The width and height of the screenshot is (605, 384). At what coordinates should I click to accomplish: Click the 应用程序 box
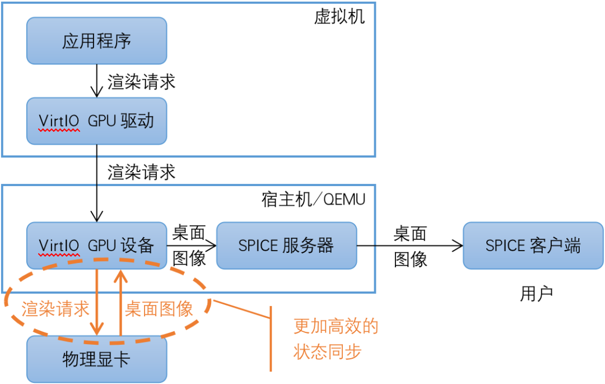96,41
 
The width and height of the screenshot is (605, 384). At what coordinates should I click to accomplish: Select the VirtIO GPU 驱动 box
96,121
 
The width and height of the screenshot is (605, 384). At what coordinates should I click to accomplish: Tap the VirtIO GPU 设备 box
96,246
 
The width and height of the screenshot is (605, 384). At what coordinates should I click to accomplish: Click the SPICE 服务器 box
286,245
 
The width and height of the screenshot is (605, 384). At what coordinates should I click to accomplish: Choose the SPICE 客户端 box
533,245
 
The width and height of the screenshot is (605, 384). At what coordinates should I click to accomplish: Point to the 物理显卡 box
96,359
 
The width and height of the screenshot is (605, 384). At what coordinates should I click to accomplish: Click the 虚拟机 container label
339,16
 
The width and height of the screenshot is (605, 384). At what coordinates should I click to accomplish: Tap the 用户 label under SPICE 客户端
536,294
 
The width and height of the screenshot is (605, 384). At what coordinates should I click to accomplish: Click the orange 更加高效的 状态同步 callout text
335,339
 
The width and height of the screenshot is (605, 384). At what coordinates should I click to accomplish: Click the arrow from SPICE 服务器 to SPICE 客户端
409,245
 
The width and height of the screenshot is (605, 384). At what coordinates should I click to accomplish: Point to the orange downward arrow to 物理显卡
98,303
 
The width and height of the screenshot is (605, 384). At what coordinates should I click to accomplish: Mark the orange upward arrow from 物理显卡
120,303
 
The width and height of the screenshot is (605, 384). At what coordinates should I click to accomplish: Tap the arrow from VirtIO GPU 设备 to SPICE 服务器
192,245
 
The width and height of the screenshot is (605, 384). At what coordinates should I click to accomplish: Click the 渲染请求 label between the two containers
141,172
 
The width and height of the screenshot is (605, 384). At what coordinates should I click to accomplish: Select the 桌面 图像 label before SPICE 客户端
410,246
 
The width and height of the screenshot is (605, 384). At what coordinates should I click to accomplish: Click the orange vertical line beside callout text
271,339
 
